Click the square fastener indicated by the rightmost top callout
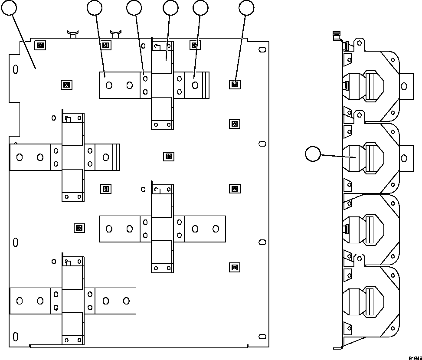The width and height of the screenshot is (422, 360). coord(234,84)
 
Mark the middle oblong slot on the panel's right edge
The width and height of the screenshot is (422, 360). coord(262,144)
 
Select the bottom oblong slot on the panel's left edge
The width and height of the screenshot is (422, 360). coord(16,336)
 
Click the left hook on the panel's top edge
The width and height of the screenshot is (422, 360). coord(72,33)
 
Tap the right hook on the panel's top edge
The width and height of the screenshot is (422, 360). coord(115,33)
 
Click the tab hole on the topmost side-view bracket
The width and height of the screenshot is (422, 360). coord(404,87)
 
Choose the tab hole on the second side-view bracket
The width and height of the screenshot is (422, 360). coord(404,158)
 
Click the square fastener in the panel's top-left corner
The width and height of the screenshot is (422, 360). coord(40,45)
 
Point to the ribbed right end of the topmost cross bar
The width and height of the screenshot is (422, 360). coord(206,84)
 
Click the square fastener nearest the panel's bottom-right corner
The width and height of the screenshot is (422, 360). coord(234,267)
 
